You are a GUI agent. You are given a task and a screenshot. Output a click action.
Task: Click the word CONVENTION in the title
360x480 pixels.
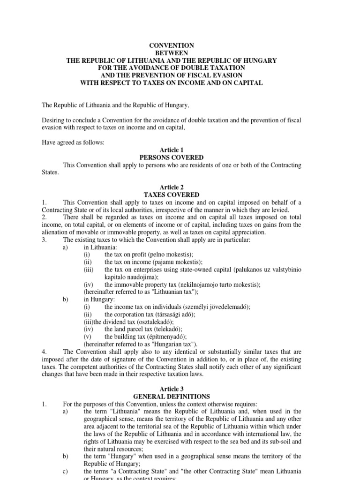(x=171, y=45)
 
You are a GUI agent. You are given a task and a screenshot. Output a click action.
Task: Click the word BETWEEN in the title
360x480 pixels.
(x=171, y=53)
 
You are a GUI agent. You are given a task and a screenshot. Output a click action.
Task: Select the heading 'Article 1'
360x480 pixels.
(x=172, y=150)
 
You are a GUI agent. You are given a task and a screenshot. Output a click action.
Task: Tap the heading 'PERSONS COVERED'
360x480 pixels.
(x=172, y=157)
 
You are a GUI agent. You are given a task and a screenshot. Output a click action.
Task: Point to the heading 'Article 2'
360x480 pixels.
(x=172, y=187)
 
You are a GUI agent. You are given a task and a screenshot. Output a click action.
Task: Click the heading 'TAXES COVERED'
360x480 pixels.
(x=172, y=195)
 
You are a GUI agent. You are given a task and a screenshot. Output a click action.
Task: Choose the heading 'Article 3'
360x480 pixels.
(x=172, y=389)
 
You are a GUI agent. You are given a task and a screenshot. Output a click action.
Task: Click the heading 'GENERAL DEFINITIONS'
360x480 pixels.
(x=172, y=397)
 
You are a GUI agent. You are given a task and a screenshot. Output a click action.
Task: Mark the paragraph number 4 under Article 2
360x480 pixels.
(x=43, y=352)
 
